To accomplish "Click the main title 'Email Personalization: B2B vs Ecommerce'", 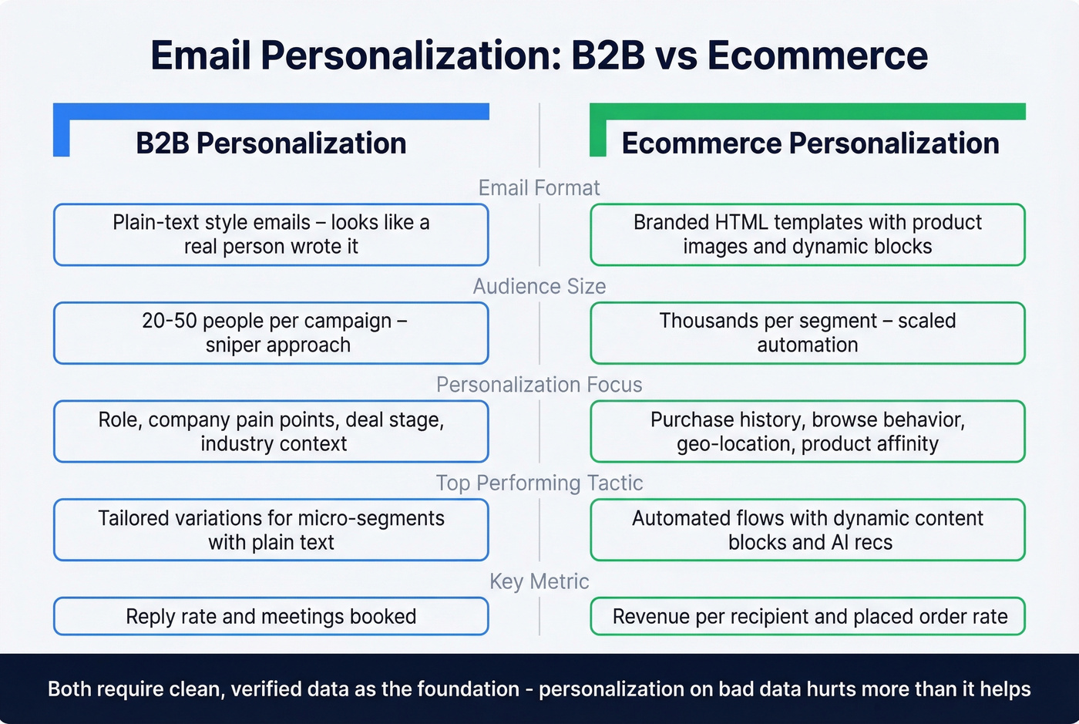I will [539, 56].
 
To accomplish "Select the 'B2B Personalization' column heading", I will [271, 143].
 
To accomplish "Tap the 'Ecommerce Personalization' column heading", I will [810, 143].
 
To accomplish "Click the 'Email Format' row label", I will [539, 188].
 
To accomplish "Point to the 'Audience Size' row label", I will [539, 287].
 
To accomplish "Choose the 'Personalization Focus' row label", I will [539, 385].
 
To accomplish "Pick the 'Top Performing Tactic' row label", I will [539, 483].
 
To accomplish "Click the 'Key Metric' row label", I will [539, 581].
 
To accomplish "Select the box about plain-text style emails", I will [271, 234].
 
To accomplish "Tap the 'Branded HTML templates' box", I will [807, 234].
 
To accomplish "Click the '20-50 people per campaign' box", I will [271, 333].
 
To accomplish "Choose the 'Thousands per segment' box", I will [807, 333].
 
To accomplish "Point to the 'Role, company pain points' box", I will [271, 431].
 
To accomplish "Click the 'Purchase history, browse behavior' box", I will [807, 431].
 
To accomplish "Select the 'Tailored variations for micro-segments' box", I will [271, 530].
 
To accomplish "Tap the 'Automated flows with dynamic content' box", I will [807, 530].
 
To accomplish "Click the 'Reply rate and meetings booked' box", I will [271, 617].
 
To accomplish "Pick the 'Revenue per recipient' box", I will [807, 617].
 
